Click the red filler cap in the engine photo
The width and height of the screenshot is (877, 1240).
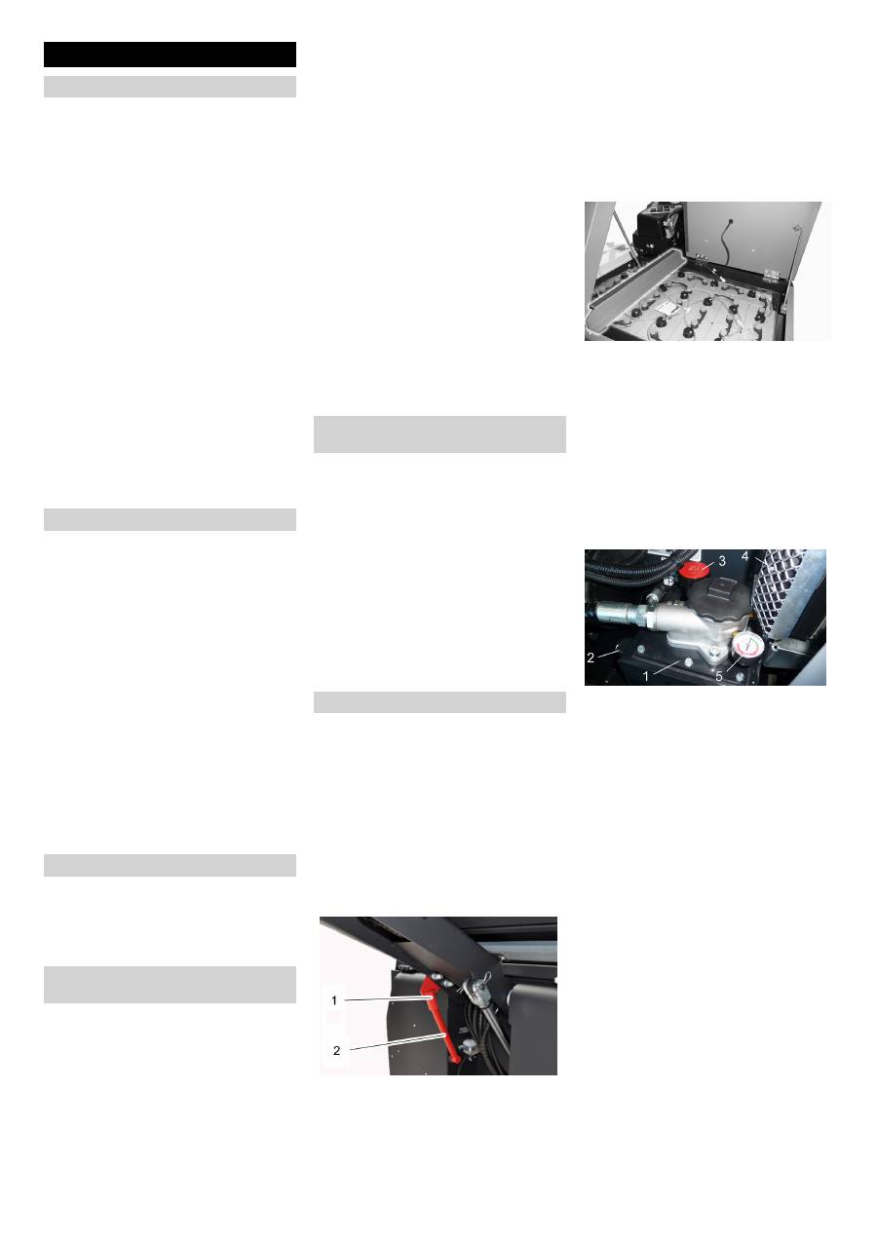coord(695,568)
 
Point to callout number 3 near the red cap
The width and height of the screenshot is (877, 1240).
coord(722,560)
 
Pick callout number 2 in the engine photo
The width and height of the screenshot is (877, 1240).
coord(591,658)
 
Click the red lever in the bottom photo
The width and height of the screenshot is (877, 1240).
coord(441,1023)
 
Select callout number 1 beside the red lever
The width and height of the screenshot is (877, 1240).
coord(335,998)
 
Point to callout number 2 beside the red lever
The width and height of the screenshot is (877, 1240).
coord(336,1051)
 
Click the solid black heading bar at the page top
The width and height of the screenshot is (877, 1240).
coord(170,55)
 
